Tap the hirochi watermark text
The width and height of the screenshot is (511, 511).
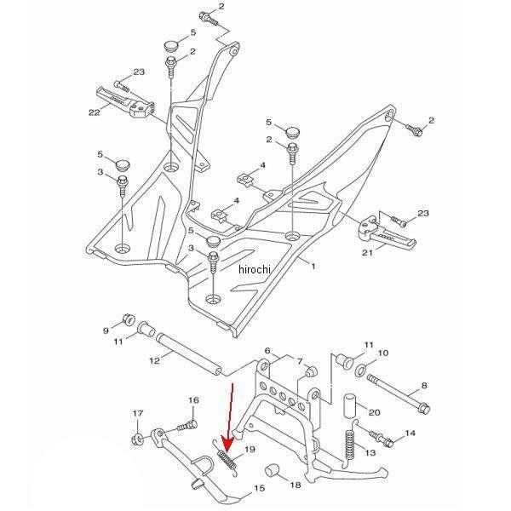pyautogui.click(x=255, y=269)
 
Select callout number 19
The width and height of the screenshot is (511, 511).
pyautogui.click(x=250, y=450)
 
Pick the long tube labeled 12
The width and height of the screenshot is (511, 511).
pyautogui.click(x=190, y=354)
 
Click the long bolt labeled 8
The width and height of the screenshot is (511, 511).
pyautogui.click(x=399, y=394)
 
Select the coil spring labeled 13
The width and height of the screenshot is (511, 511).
pyautogui.click(x=349, y=444)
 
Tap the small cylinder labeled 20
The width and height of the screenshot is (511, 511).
pyautogui.click(x=350, y=406)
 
